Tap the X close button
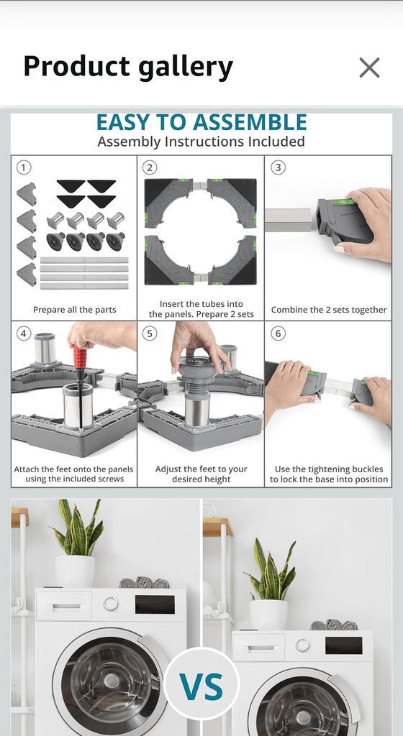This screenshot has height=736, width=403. (x=369, y=68)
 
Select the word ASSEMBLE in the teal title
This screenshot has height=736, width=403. (x=250, y=122)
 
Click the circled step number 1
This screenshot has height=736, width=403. (x=23, y=167)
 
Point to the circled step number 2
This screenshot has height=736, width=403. (x=150, y=167)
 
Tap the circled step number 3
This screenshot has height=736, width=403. (x=278, y=167)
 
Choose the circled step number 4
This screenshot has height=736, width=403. (x=23, y=333)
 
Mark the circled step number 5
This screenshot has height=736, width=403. (x=150, y=333)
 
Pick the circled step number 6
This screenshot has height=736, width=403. (x=278, y=333)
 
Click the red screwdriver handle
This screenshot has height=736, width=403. (x=79, y=356)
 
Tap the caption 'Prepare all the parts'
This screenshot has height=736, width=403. (x=74, y=310)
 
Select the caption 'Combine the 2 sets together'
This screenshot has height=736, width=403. (x=329, y=310)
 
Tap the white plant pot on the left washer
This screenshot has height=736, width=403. (x=74, y=571)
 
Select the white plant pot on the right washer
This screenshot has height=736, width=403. (x=268, y=615)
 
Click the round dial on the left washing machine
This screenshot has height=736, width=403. (x=111, y=604)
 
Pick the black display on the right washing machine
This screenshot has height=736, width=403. (x=343, y=645)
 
